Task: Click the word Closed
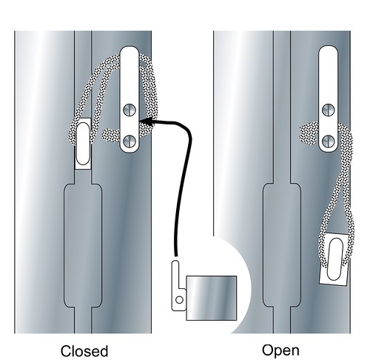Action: [x=84, y=351]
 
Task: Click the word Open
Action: [x=280, y=351]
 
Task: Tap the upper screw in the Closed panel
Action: [x=129, y=110]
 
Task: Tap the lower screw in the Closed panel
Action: [x=129, y=141]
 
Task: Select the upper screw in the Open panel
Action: [x=329, y=110]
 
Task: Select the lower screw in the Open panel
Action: [x=329, y=141]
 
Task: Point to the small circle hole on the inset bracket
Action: [x=179, y=300]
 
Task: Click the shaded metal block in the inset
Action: [x=212, y=298]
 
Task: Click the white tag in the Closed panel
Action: [x=83, y=144]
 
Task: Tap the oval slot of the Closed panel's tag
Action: [x=83, y=144]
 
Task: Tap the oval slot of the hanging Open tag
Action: [x=335, y=259]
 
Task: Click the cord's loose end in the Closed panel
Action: [x=107, y=135]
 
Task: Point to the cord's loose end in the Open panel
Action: [x=305, y=133]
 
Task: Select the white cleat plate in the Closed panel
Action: [x=129, y=99]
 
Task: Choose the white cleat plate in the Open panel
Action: [x=329, y=99]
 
